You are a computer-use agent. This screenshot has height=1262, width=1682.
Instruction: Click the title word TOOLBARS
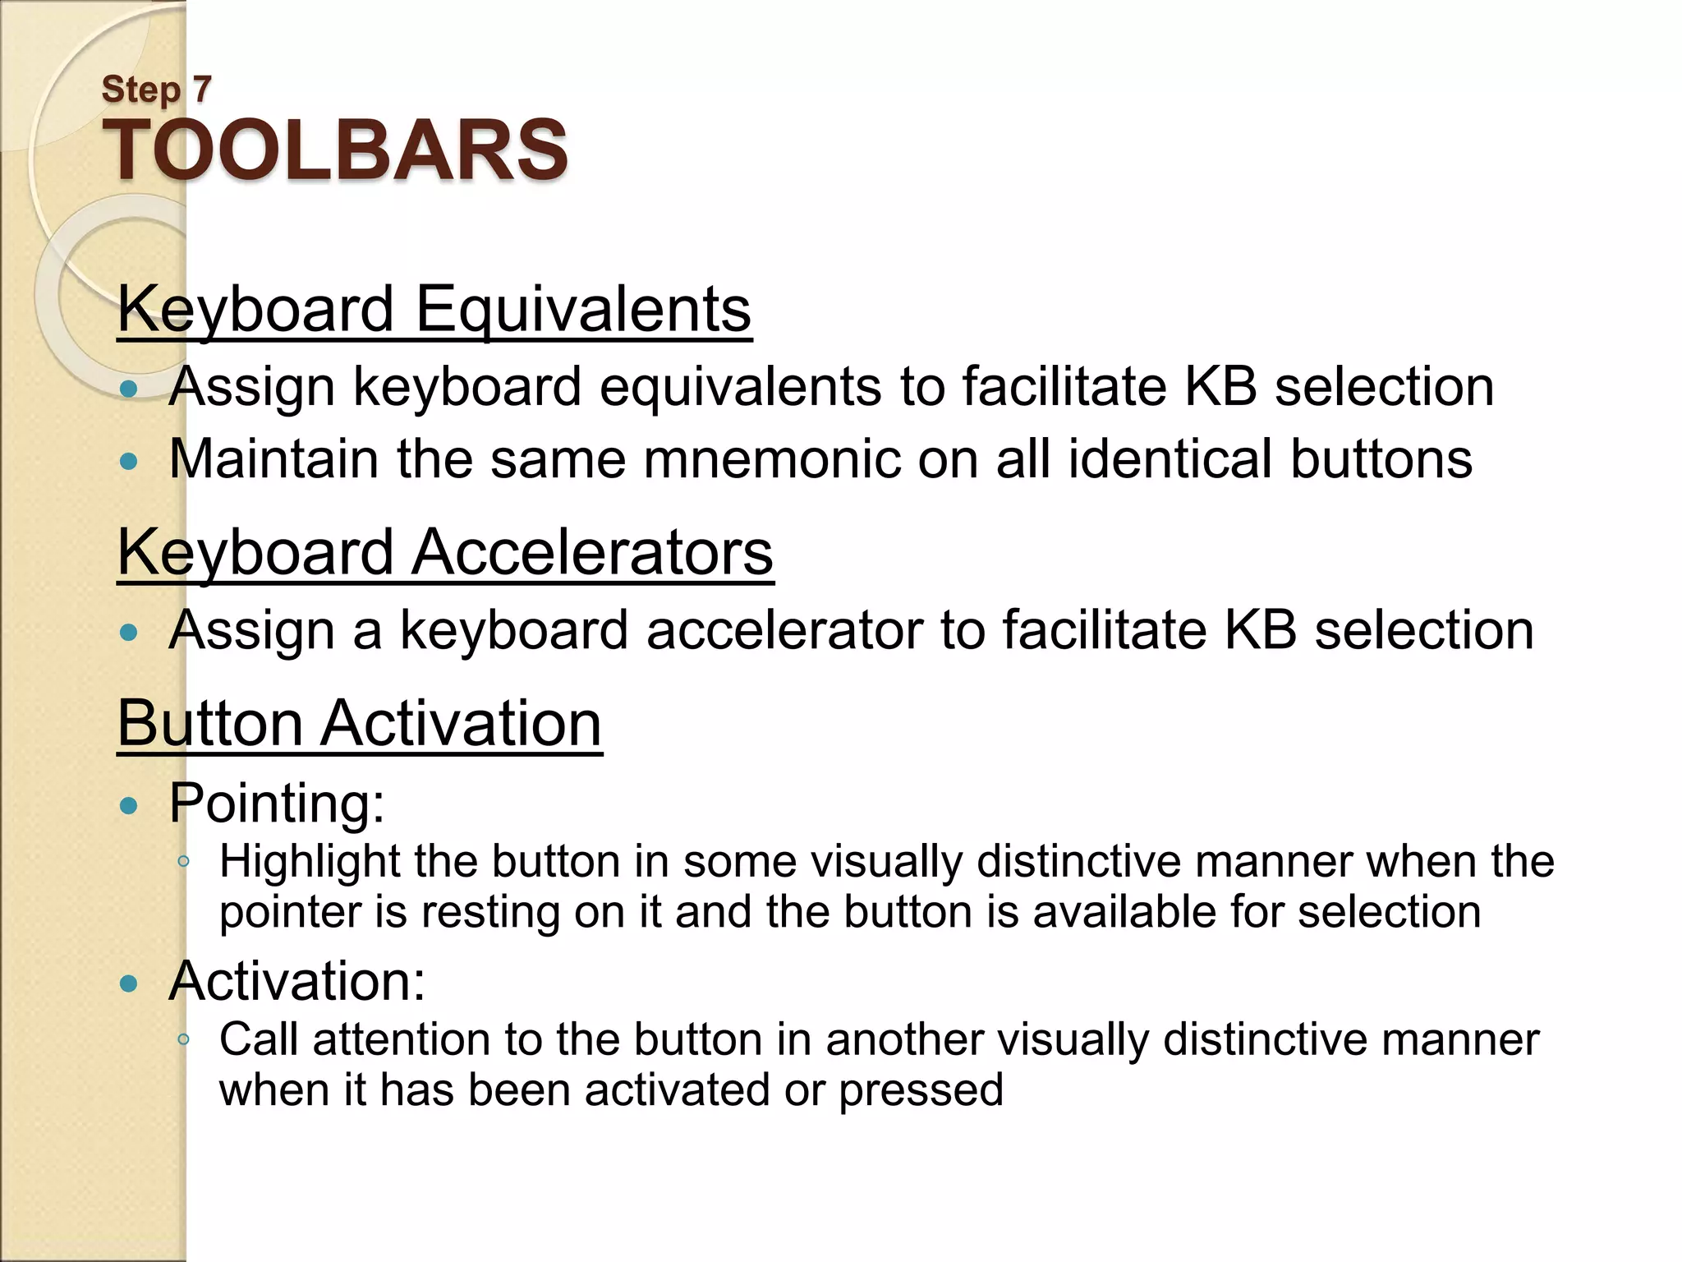[x=334, y=150]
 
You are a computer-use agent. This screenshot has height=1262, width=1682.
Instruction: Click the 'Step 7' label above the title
[x=156, y=89]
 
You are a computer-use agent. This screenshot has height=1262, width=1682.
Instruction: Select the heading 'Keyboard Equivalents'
[x=434, y=309]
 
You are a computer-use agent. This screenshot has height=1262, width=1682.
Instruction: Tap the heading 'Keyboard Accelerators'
[x=445, y=552]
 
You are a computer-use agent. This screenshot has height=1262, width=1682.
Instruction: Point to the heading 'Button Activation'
[x=360, y=723]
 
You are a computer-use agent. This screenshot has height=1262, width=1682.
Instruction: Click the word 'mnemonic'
[x=771, y=458]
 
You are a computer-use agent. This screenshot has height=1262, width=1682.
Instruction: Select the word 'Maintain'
[x=273, y=458]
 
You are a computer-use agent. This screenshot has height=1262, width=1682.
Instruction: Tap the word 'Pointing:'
[x=277, y=803]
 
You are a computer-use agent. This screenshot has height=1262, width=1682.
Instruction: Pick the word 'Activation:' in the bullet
[x=297, y=981]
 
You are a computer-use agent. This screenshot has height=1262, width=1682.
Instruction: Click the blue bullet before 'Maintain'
[x=128, y=461]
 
